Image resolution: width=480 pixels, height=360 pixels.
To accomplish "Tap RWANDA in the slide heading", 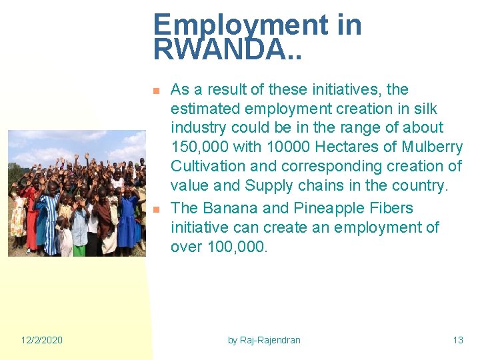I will point(219,49).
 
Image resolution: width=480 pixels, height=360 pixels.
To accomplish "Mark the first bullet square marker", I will point(156,90).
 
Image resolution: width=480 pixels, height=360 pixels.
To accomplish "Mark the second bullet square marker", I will point(156,209).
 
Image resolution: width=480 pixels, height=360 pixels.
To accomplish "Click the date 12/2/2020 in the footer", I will point(41,340).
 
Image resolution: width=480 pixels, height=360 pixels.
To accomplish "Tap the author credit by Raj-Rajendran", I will point(264,340).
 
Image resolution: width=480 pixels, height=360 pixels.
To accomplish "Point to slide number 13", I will point(458,340).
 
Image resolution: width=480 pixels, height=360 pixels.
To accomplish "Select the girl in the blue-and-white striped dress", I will point(49,220).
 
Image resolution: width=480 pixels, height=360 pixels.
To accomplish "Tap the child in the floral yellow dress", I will point(18,220).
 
